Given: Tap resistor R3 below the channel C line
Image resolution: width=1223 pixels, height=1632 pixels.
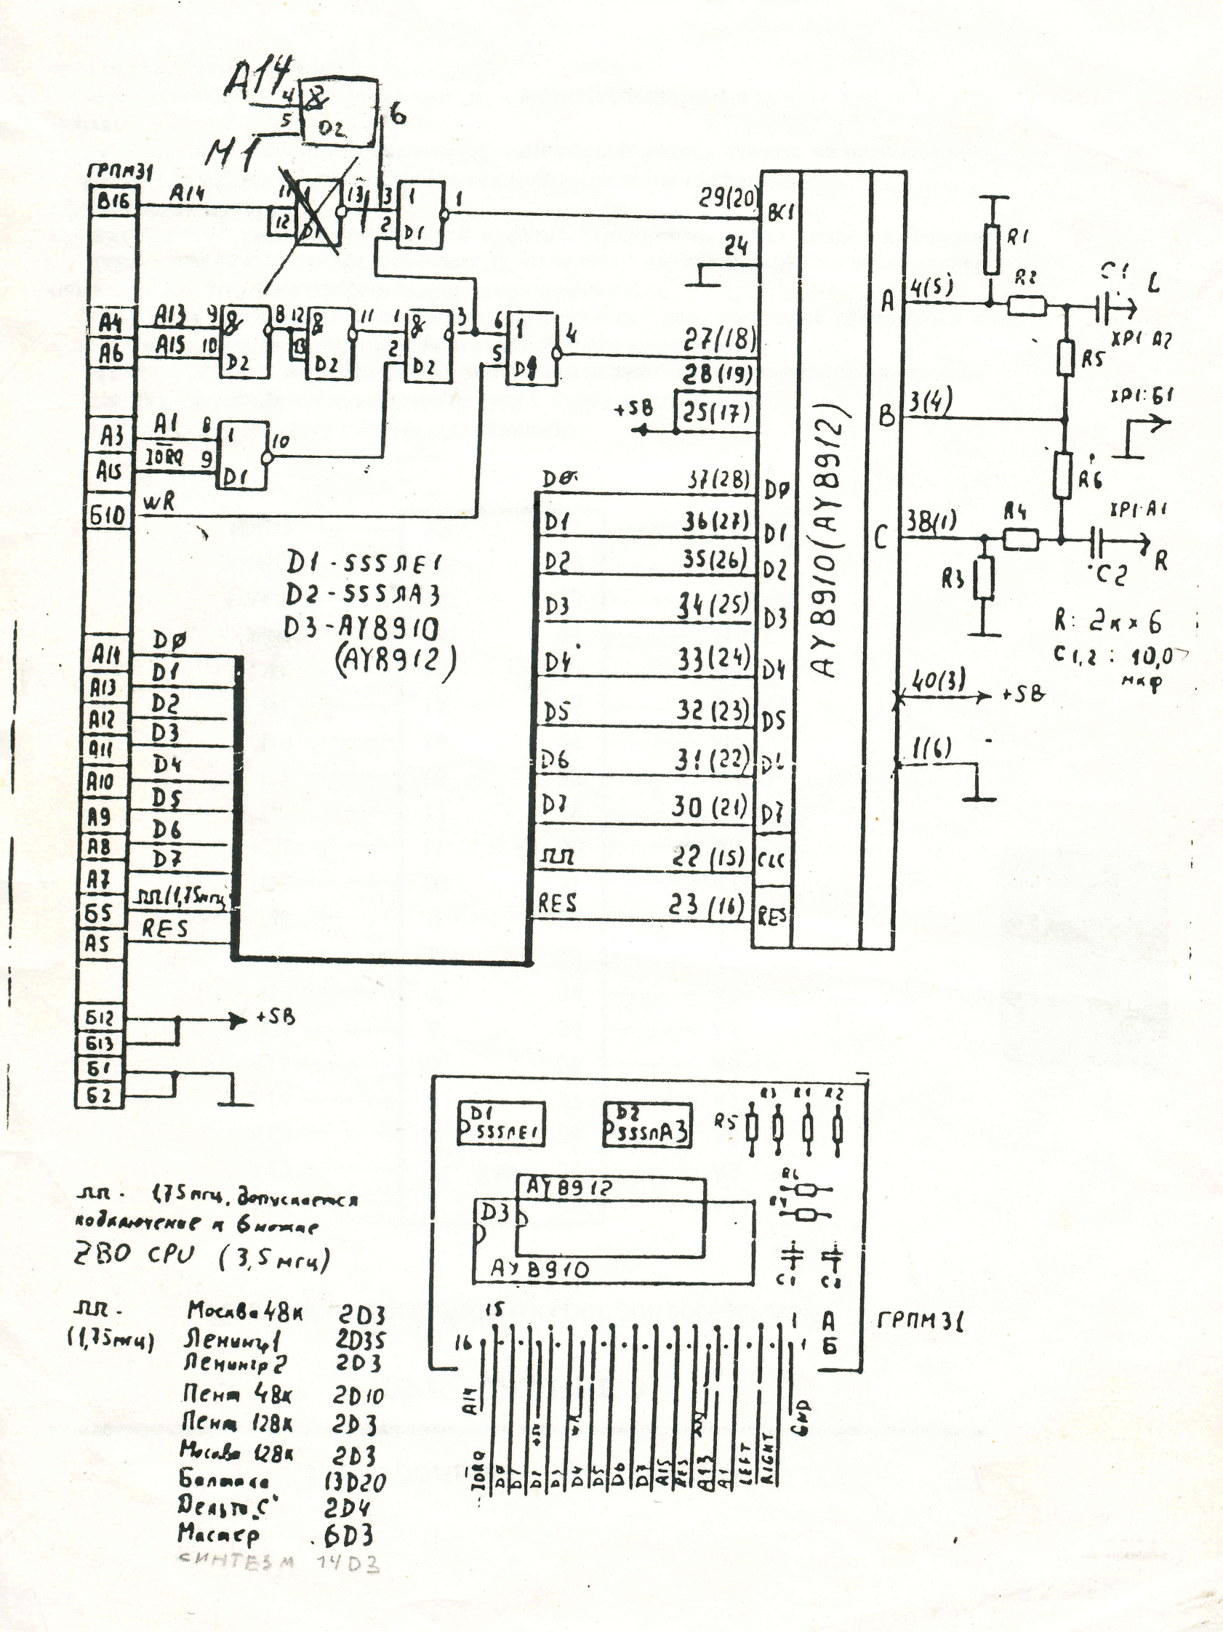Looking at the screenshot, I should pos(983,579).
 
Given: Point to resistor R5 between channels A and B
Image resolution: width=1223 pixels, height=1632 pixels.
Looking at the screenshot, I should pos(1064,358).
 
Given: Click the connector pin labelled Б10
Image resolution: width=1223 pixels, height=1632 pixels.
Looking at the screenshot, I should pos(108,514).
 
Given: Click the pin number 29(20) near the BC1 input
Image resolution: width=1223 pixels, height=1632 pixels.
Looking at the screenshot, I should pos(726,198).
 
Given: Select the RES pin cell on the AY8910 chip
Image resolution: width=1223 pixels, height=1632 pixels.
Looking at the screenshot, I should pos(771,917).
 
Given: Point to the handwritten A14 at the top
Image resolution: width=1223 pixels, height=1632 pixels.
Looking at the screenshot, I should pos(257,80).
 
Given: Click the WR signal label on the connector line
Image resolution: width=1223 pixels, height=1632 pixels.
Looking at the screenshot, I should pos(159,502).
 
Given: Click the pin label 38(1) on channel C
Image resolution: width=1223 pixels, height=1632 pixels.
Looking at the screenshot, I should pos(930,523).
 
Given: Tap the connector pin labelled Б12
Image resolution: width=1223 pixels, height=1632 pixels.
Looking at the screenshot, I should pos(100,1019).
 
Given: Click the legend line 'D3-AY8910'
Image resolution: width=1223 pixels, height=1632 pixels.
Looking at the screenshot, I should pos(361,628).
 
